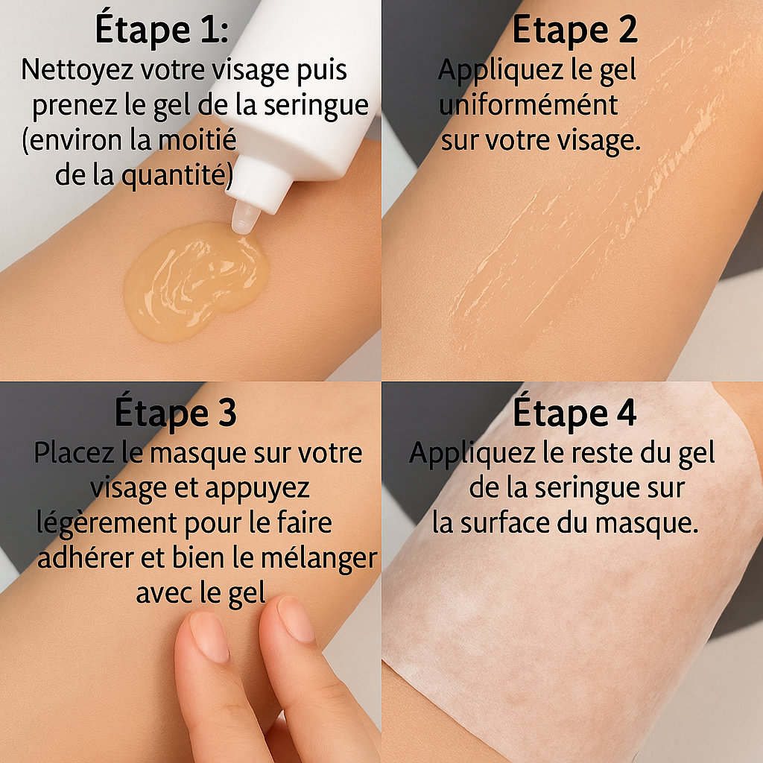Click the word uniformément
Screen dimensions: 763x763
[528, 105]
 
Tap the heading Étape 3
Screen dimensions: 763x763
[176, 413]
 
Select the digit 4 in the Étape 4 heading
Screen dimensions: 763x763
[624, 414]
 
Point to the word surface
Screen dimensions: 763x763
[522, 524]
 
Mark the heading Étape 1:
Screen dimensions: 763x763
[162, 31]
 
